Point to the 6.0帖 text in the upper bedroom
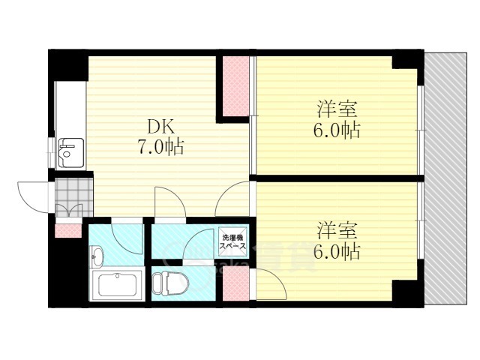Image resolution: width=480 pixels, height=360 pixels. tap(336, 130)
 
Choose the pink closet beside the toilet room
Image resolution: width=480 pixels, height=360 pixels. tap(235, 285)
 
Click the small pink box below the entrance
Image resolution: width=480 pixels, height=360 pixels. tap(67, 229)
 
